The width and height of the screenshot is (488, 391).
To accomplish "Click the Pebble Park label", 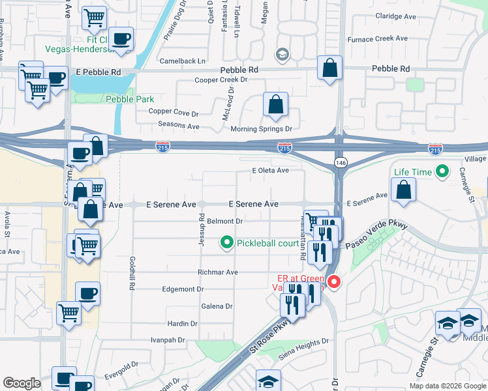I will (x=129, y=99).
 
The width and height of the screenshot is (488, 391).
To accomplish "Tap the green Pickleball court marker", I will (x=227, y=244).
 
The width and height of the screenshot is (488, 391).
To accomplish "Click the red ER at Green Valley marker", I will (x=333, y=282).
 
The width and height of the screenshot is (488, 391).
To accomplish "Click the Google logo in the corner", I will (x=22, y=383).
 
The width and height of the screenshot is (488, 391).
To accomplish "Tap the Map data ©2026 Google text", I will (x=447, y=386).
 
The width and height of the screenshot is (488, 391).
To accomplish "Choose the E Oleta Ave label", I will (x=271, y=171).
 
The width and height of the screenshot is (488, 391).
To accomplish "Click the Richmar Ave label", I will (x=218, y=272).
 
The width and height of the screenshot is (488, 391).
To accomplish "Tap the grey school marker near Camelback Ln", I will (x=282, y=53).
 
